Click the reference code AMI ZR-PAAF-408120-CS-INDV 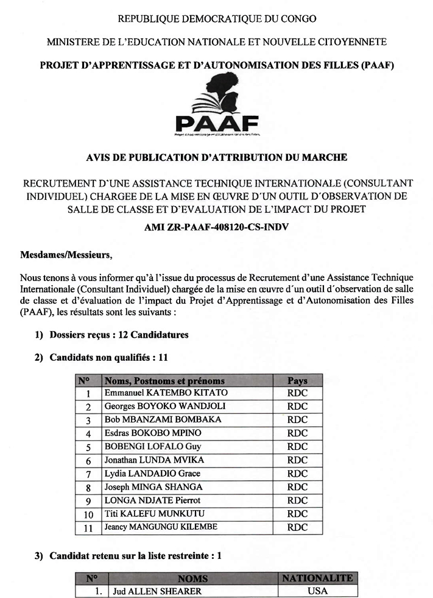[216, 227]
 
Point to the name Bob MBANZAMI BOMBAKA [163, 420]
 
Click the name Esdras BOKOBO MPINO [153, 433]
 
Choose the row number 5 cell [88, 447]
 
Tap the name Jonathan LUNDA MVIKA [154, 460]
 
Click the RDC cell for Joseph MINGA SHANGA [297, 487]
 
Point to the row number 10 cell [88, 514]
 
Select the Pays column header [297, 380]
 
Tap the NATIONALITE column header [317, 578]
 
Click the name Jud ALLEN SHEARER [149, 591]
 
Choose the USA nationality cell [317, 591]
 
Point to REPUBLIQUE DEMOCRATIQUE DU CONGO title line [216, 19]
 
